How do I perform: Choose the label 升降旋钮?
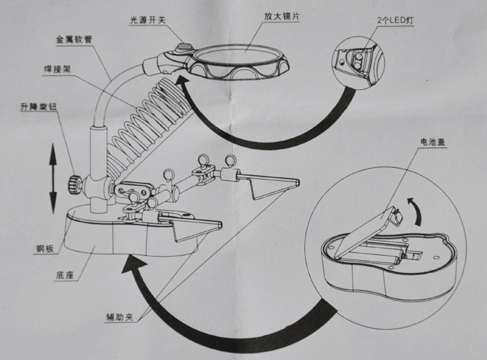click(x=40, y=107)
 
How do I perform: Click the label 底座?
click(x=64, y=275)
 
